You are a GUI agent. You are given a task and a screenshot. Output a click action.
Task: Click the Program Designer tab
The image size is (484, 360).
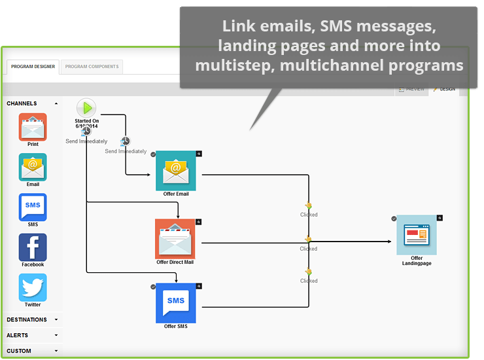[x=33, y=67]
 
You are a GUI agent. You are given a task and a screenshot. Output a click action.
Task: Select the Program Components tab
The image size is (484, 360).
[x=92, y=67]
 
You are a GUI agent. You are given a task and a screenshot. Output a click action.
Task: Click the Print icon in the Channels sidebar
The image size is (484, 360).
[x=33, y=127]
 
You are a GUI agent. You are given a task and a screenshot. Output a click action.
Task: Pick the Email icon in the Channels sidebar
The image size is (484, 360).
[x=33, y=167]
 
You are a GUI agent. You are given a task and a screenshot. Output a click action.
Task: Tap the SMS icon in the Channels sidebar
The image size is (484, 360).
[x=33, y=207]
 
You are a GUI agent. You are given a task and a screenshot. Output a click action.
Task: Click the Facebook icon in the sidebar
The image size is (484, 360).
[x=33, y=247]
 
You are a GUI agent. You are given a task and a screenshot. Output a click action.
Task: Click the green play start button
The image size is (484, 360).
[x=86, y=108]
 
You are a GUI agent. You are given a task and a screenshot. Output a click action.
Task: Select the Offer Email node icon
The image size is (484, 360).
[x=175, y=171]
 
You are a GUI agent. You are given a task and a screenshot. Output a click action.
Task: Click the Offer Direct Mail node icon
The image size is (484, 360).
[x=175, y=238]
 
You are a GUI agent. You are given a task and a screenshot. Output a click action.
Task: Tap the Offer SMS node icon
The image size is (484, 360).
[x=175, y=302]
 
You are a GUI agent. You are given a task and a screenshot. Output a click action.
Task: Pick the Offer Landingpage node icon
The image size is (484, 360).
[x=417, y=234]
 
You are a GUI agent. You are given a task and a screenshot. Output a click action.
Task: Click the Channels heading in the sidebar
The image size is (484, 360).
[x=22, y=103]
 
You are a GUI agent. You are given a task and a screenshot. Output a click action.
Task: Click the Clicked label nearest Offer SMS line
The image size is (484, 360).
[x=309, y=281]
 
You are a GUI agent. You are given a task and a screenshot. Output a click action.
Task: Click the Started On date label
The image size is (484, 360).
[x=87, y=124]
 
